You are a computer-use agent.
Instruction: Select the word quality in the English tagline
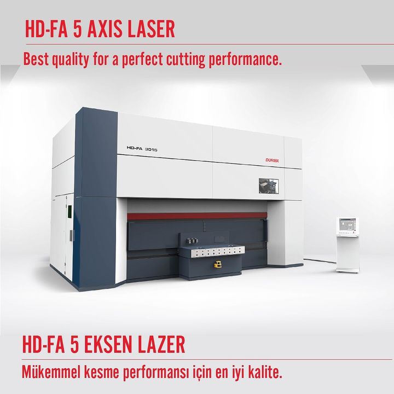point(70,60)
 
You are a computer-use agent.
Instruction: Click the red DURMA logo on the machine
point(272,160)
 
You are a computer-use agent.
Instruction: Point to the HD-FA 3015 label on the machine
point(142,149)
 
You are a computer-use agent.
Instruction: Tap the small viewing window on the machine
point(269,186)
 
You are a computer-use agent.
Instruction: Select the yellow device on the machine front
point(217,264)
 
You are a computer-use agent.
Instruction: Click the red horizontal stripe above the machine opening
point(197,216)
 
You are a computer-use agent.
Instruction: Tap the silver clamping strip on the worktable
point(218,251)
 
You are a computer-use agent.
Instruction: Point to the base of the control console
point(348,270)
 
